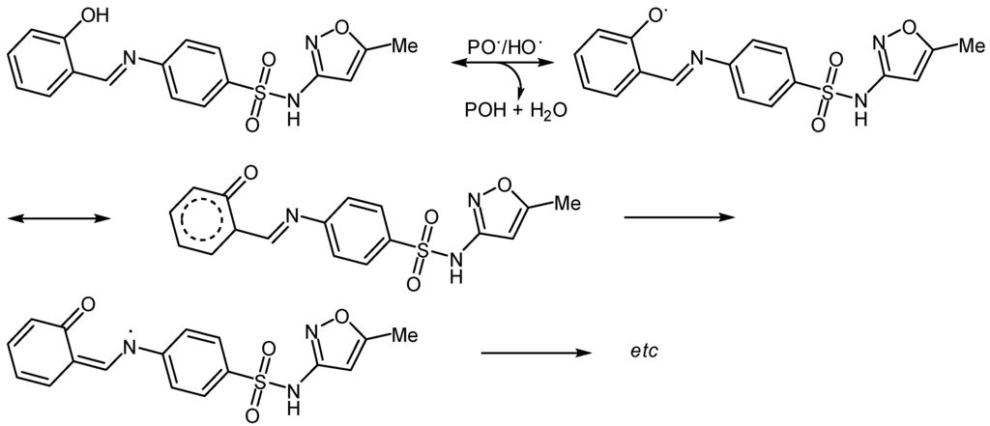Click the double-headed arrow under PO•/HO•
(499, 65)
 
